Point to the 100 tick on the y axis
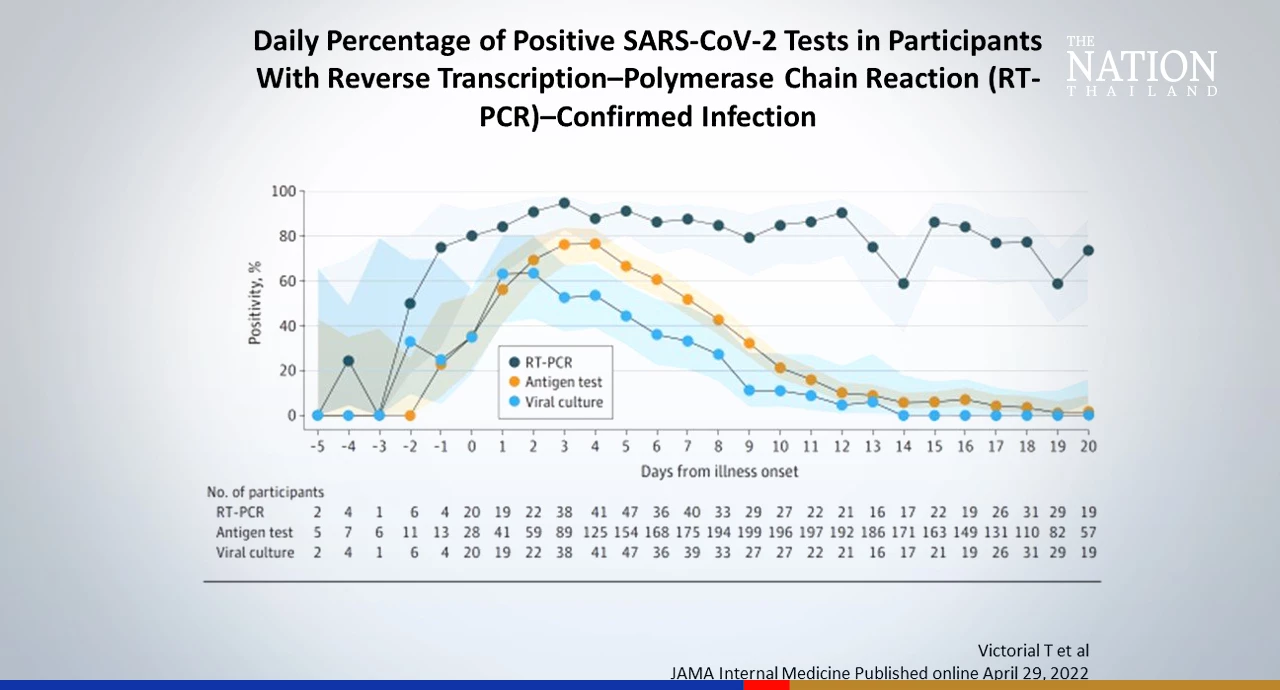[284, 191]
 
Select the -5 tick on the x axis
[317, 446]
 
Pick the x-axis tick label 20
[1088, 446]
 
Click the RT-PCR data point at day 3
[564, 203]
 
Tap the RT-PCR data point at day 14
[903, 283]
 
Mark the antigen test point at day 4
[595, 244]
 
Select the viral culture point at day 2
[533, 273]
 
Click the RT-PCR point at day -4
[348, 361]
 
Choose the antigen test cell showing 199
[749, 533]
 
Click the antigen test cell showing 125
[595, 533]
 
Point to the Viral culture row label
[255, 552]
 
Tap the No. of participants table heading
[265, 492]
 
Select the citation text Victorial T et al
[1032, 650]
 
